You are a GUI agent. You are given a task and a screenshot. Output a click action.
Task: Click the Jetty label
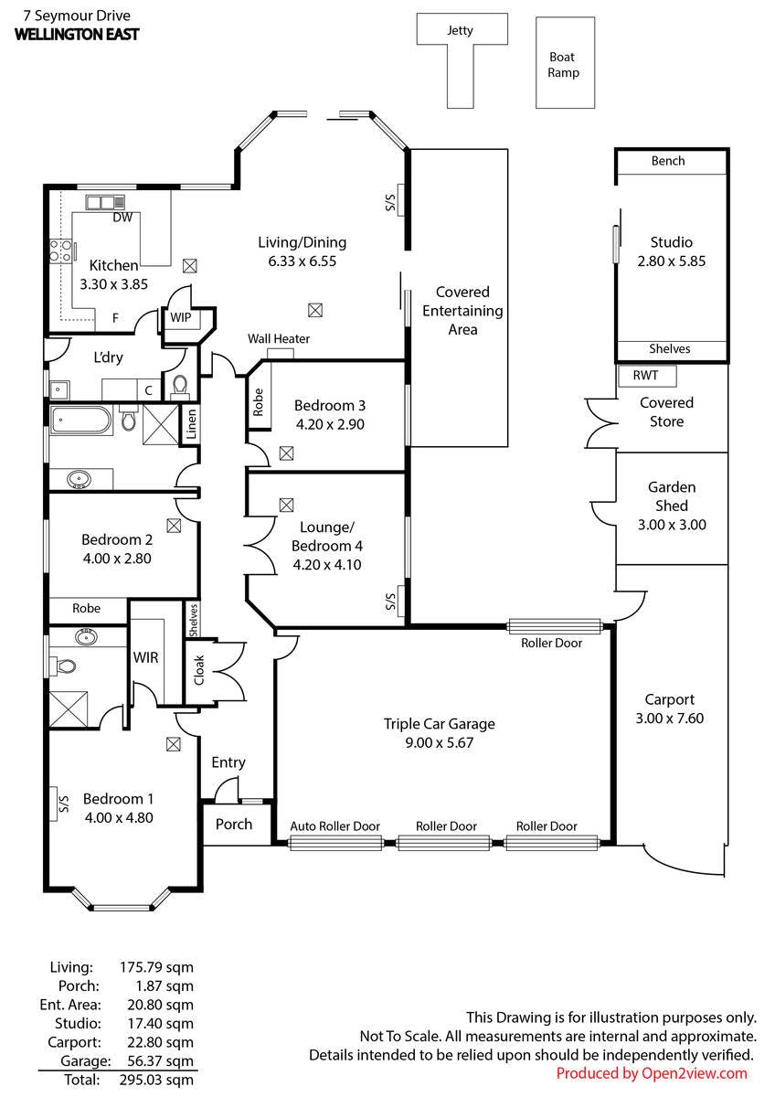(x=460, y=31)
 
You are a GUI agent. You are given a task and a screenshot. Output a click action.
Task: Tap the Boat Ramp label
(x=563, y=65)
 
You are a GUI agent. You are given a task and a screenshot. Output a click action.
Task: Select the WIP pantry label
(x=181, y=317)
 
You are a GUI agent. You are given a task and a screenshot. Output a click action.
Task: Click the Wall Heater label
(x=279, y=338)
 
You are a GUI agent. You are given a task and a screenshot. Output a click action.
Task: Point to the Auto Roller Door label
(x=334, y=826)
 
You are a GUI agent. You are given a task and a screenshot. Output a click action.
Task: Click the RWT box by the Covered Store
(x=647, y=376)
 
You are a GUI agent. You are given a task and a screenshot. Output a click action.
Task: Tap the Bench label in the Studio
(x=668, y=161)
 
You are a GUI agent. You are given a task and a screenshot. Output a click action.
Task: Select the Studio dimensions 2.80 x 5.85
(x=671, y=261)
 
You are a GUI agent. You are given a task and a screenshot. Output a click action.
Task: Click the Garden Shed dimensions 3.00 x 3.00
(x=672, y=525)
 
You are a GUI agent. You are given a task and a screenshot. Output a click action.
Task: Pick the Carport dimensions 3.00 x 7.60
(x=669, y=719)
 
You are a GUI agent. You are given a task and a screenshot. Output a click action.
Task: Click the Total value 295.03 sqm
(x=156, y=1080)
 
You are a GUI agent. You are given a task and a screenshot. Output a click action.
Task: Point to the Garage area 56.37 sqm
(x=160, y=1061)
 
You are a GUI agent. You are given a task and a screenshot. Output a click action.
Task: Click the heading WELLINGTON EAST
(x=77, y=35)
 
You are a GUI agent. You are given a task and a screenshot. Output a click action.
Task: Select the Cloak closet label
(x=198, y=670)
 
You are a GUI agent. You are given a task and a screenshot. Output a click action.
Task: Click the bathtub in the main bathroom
(x=80, y=420)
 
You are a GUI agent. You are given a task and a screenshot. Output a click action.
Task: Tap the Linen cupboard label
(x=191, y=424)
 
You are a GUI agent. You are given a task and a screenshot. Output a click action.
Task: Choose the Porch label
(x=234, y=825)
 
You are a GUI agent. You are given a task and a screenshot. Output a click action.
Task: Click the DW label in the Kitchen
(x=122, y=218)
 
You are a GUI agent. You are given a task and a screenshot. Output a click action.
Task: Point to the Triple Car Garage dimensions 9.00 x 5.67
(x=440, y=743)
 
